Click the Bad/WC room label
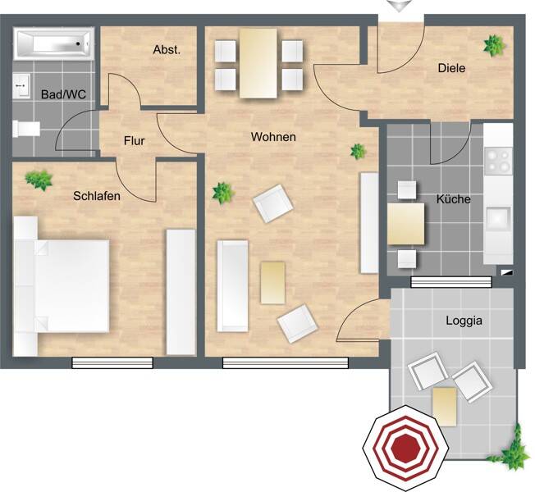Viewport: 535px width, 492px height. (63, 94)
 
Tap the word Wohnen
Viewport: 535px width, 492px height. (273, 137)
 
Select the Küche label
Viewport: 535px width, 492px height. (454, 199)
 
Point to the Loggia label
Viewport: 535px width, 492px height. (464, 321)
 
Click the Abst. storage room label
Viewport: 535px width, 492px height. (167, 50)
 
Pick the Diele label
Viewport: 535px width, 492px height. (452, 68)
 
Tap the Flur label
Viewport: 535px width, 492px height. (134, 141)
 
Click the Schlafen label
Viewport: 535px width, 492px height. (97, 196)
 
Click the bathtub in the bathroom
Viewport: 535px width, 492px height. (53, 43)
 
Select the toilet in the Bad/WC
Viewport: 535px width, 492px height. (26, 129)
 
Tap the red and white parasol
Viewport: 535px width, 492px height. (405, 449)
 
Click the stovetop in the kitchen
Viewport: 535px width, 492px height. (499, 161)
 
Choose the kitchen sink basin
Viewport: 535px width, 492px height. (498, 217)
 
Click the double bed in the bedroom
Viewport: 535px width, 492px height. (62, 285)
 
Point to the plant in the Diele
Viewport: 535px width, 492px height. (495, 46)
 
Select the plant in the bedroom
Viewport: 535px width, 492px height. (39, 180)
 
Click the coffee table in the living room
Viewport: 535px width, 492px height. (272, 283)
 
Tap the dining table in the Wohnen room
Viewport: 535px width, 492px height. (258, 63)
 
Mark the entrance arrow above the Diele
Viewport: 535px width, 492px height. (400, 6)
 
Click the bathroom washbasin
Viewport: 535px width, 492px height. (22, 85)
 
